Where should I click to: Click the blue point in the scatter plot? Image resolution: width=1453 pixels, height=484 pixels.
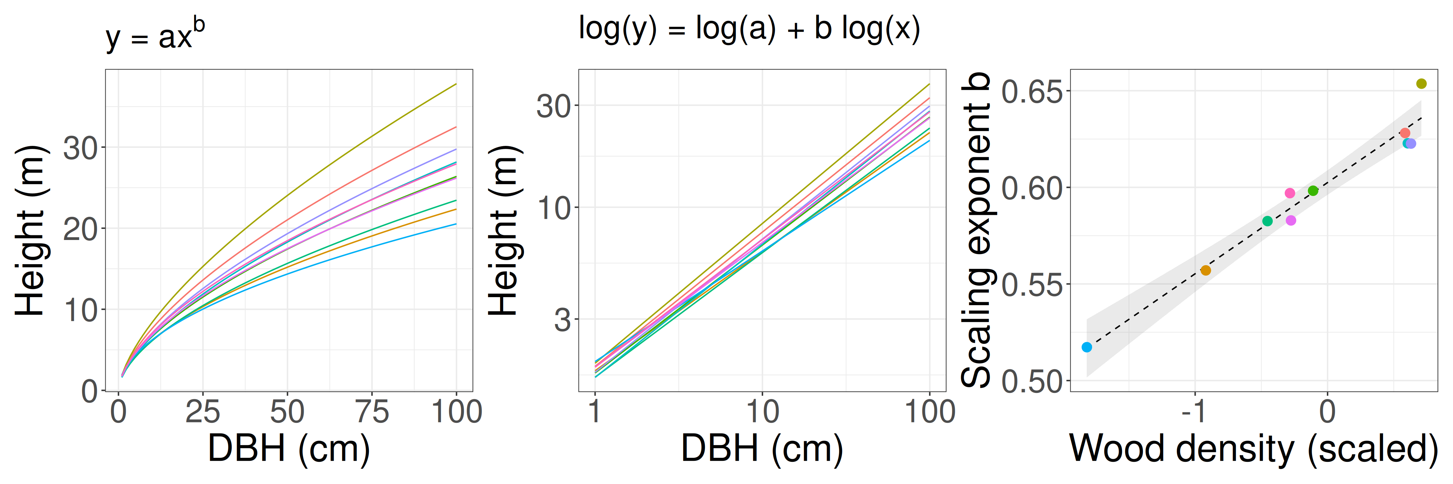click(x=1086, y=347)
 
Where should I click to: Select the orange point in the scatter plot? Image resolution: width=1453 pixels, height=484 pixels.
click(x=1205, y=271)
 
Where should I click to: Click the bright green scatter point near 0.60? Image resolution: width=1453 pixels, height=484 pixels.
click(x=1313, y=191)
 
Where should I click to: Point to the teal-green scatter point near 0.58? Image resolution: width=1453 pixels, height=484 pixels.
click(x=1267, y=221)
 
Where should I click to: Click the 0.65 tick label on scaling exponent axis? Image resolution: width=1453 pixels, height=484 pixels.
click(x=1032, y=91)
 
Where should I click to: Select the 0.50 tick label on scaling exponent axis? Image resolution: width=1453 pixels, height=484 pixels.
click(x=1032, y=382)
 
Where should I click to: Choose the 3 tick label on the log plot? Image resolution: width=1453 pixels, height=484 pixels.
click(x=562, y=320)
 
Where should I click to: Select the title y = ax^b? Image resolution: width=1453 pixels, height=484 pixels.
click(x=155, y=35)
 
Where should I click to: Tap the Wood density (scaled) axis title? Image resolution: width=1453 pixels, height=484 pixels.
click(x=1253, y=449)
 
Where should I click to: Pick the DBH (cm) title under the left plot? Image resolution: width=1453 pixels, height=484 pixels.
click(x=289, y=449)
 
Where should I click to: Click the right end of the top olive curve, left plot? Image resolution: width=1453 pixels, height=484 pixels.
click(x=455, y=84)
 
